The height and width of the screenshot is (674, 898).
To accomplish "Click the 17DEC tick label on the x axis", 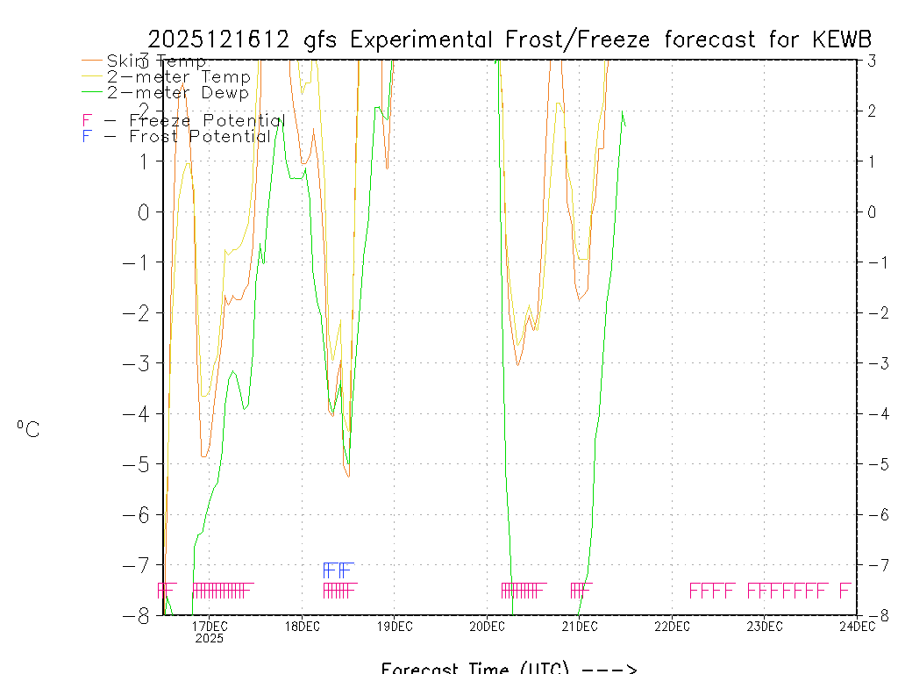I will tap(210, 626).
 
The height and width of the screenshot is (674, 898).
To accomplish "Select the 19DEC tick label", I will tap(395, 626).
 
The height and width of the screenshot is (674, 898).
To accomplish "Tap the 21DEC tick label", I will tap(580, 626).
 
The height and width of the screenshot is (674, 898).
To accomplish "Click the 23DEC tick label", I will tap(765, 626).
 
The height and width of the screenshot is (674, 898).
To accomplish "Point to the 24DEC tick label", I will tap(857, 626).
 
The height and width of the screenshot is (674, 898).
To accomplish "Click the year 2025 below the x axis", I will tap(210, 638).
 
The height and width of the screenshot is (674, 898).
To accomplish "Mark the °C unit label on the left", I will tap(28, 429).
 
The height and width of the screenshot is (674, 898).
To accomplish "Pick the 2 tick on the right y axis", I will tap(872, 111).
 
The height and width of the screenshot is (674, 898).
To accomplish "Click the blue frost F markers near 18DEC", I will tap(339, 570).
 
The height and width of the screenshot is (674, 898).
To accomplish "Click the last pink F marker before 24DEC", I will tap(845, 590).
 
